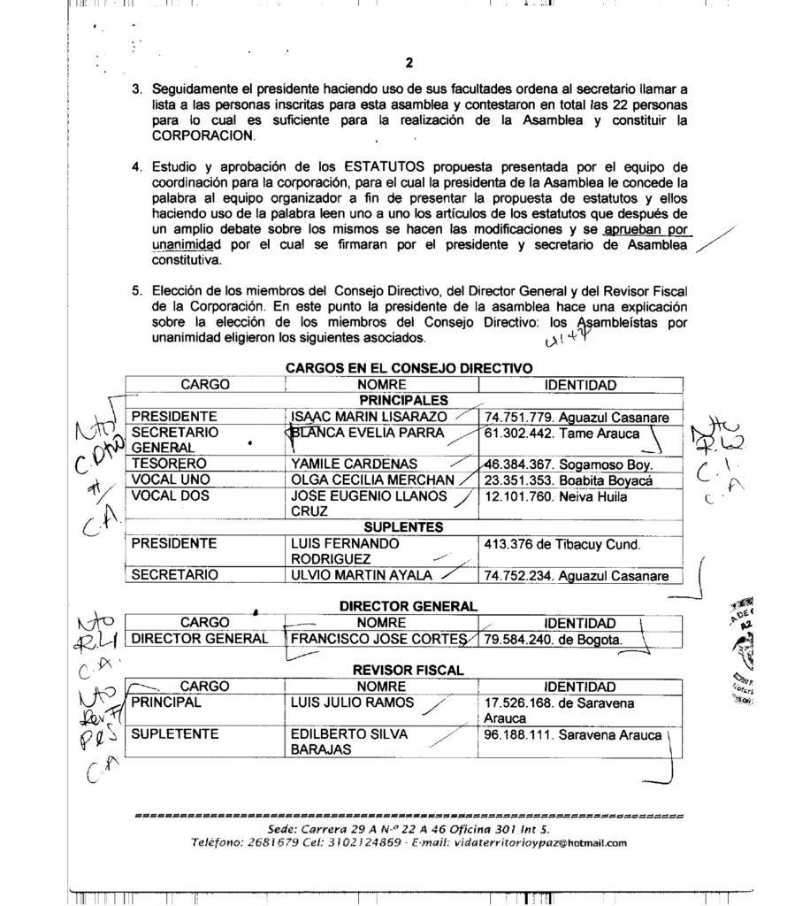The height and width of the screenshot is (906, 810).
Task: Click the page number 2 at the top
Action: click(409, 62)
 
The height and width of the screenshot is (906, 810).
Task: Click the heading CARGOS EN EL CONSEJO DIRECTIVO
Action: click(409, 367)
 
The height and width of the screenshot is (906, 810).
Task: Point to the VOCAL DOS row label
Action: click(170, 496)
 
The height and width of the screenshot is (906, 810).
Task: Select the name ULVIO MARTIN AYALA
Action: click(361, 576)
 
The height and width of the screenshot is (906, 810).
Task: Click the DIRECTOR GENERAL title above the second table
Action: click(409, 606)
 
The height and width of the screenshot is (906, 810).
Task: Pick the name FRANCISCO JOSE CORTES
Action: click(378, 639)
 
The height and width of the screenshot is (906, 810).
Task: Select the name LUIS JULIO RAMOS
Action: click(350, 703)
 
